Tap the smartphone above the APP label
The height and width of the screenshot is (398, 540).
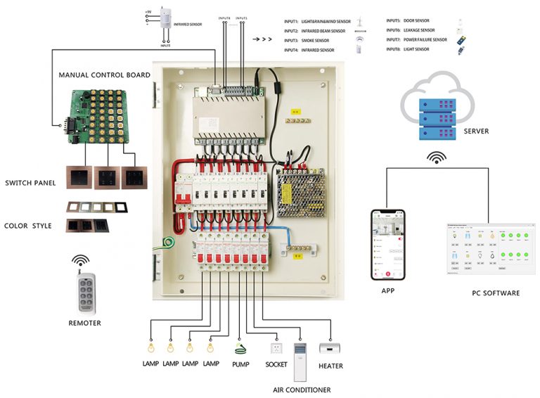coord(388,243)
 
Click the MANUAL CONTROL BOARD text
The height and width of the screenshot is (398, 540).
coord(104,75)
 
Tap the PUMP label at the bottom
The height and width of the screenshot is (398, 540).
coord(240,366)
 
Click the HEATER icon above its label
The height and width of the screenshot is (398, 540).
coord(330,348)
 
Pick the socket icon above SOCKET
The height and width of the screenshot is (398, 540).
coord(276,347)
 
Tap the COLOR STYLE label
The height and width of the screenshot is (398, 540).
coord(27,226)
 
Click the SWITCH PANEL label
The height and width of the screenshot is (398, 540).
coord(29,184)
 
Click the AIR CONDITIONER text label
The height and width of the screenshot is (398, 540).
coord(302,390)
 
